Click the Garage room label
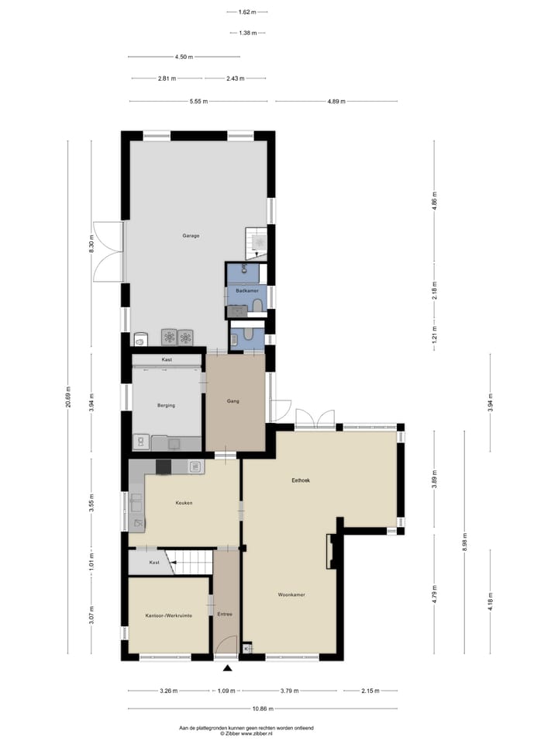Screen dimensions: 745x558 [x=191, y=235]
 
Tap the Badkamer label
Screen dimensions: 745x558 [x=246, y=290]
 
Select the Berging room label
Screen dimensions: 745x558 [x=166, y=405]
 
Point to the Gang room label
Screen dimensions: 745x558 [x=232, y=401]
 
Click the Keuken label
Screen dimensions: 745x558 [x=184, y=503]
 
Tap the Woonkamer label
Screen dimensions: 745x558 [x=291, y=594]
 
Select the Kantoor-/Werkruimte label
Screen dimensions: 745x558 [x=168, y=615]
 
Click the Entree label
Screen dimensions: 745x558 [x=225, y=615]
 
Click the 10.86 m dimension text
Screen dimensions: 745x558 [x=261, y=709]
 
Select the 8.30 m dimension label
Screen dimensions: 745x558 [x=91, y=246]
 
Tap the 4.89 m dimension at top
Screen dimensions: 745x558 [x=336, y=102]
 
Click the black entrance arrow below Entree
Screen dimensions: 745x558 [x=227, y=667]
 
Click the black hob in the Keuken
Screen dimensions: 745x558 [x=164, y=466]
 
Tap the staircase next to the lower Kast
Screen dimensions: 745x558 [x=191, y=562]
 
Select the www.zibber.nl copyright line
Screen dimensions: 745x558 [x=246, y=733]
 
